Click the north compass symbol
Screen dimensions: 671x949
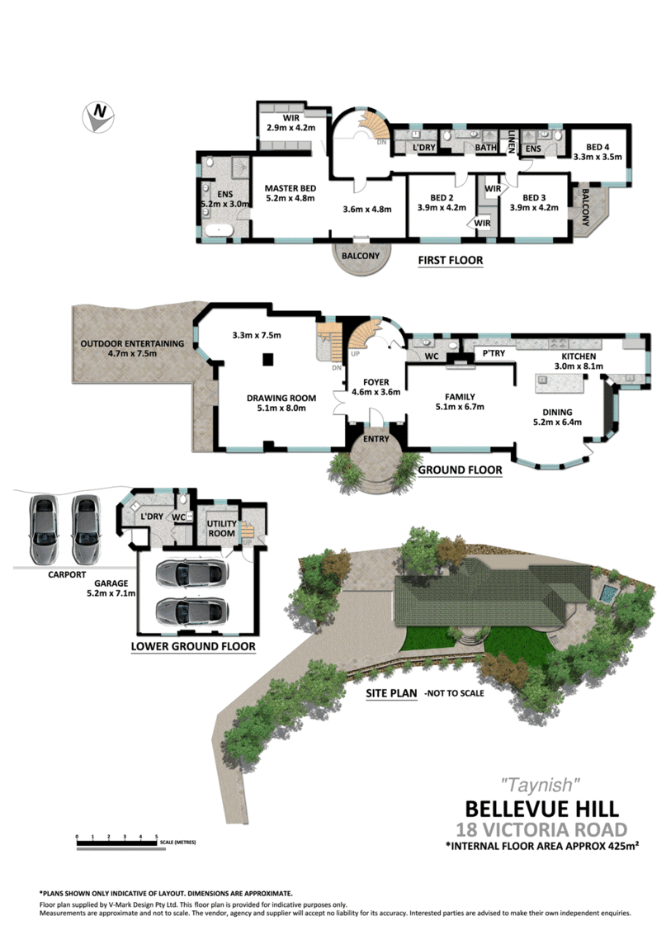pos(98,116)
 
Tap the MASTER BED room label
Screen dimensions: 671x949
pos(290,188)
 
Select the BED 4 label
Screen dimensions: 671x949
pos(598,147)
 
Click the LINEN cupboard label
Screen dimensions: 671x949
pos(511,142)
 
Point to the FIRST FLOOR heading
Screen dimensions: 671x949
pos(450,260)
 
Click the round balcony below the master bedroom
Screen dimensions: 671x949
pos(361,257)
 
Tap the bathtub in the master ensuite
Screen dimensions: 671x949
pos(219,230)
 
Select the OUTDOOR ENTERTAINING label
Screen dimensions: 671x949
pos(132,343)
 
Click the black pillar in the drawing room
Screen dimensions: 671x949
pos(267,360)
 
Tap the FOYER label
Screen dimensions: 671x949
pos(376,383)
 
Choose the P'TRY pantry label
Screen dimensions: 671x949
pos(494,353)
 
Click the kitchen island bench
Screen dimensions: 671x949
pos(559,384)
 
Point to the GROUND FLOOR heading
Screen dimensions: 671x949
pos(460,470)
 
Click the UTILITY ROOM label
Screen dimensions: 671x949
pos(221,528)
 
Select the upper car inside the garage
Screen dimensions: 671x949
pos(191,574)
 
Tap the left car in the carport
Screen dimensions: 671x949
pos(44,528)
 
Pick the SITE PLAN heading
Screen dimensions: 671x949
pos(391,693)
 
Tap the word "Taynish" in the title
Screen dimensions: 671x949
pos(541,785)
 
